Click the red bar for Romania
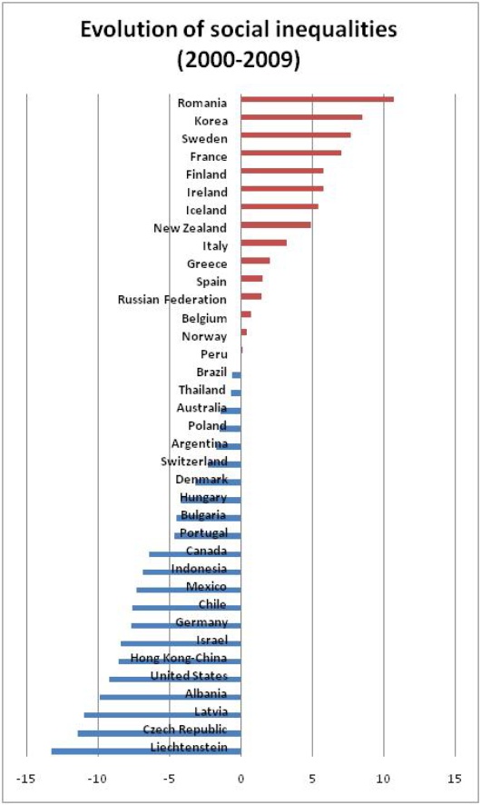click(x=318, y=99)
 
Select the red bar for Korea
click(x=301, y=117)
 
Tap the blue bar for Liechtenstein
click(x=146, y=751)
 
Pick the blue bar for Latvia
click(x=162, y=715)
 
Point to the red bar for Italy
click(x=263, y=243)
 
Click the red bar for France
click(x=290, y=153)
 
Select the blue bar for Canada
click(x=195, y=554)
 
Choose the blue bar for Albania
click(x=171, y=697)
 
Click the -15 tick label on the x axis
click(x=25, y=779)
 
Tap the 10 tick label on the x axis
click(x=384, y=779)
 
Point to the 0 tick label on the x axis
click(x=240, y=779)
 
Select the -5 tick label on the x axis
click(x=169, y=779)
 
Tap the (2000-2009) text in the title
click(x=239, y=60)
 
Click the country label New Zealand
click(x=190, y=228)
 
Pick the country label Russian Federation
click(x=172, y=299)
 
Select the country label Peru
click(x=214, y=353)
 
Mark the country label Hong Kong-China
click(x=179, y=658)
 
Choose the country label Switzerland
click(x=194, y=461)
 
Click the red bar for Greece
click(x=255, y=260)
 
